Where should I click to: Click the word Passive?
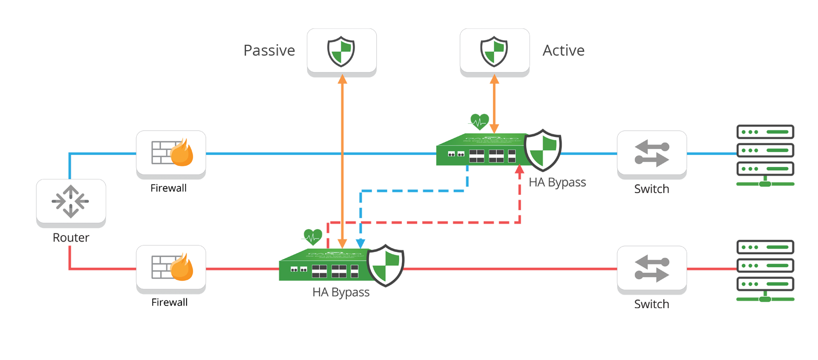(x=269, y=51)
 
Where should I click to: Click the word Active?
(x=563, y=51)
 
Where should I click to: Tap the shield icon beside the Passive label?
(x=341, y=51)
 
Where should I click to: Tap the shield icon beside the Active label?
(x=494, y=51)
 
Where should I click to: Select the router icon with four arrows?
(x=71, y=201)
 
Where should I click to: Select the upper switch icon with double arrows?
(x=652, y=153)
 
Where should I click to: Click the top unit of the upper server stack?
(x=765, y=132)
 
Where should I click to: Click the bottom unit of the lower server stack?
(x=765, y=284)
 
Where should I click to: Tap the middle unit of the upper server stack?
(x=765, y=150)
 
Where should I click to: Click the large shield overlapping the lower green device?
(x=385, y=266)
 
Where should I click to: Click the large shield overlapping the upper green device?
(x=542, y=149)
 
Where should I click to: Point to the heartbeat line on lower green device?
(x=312, y=237)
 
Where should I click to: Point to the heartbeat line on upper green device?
(x=479, y=123)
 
